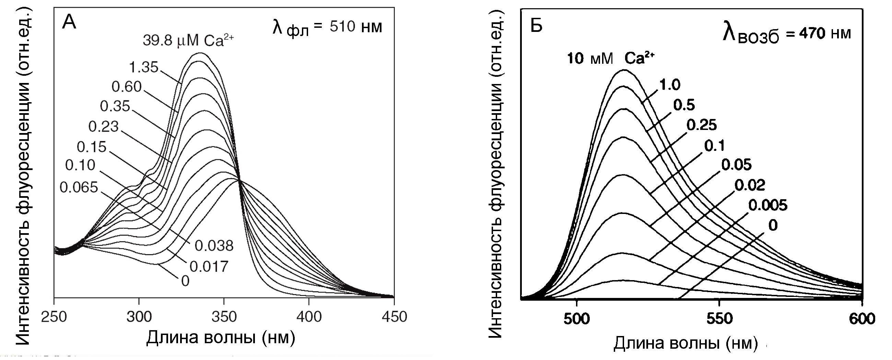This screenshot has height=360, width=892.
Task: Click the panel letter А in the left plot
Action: (69, 23)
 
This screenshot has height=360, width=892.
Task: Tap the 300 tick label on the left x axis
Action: (139, 317)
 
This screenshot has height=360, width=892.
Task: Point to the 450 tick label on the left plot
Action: (394, 317)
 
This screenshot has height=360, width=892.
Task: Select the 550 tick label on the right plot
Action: (719, 319)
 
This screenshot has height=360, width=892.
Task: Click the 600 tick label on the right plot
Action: (862, 319)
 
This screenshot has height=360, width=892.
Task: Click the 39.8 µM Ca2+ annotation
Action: (188, 40)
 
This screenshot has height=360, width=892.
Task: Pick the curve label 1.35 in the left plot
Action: (143, 67)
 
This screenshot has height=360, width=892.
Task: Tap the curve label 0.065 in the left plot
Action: (79, 188)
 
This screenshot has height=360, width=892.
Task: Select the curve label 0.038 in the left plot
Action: (214, 246)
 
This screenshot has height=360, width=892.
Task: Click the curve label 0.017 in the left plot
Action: (209, 266)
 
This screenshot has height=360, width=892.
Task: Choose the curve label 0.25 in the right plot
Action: (702, 125)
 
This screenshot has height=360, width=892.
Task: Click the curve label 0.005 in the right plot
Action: (768, 206)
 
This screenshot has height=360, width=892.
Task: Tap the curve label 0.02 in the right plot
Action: (750, 185)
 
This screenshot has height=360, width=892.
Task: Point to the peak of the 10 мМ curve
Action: (624, 70)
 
